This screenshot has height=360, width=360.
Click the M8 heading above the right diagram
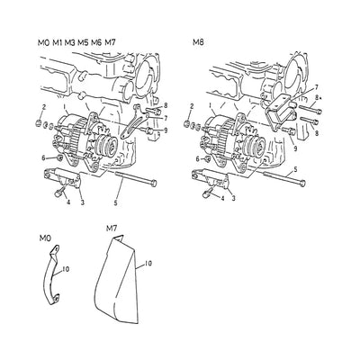tap(198, 42)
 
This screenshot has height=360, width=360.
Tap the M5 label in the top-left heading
tap(83, 43)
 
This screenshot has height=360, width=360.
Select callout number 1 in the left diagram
tap(64, 107)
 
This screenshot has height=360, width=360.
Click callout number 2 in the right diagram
tap(192, 106)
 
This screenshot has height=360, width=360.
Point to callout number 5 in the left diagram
tap(115, 203)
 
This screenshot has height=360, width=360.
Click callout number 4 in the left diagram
tap(68, 202)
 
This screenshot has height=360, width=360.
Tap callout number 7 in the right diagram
tap(316, 87)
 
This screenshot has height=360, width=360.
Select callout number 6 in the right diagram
tap(198, 159)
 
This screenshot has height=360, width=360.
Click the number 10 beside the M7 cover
tap(148, 264)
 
